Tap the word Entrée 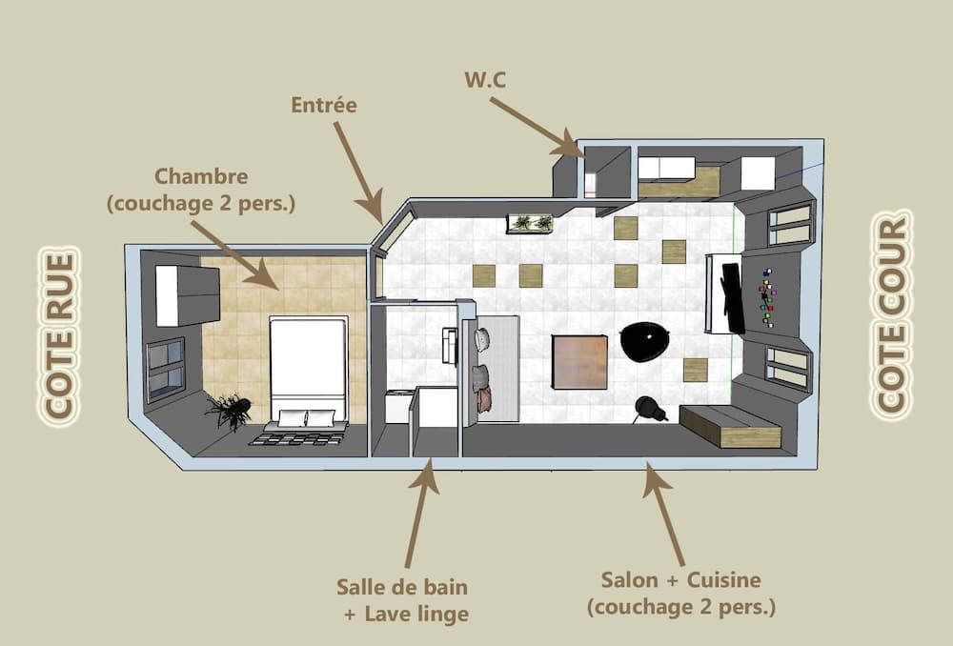(x=324, y=105)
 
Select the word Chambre (x=201, y=176)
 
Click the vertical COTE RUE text (x=60, y=334)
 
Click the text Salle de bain (x=402, y=586)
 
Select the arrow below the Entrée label (x=358, y=172)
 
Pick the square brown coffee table (x=579, y=362)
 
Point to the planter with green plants (x=531, y=223)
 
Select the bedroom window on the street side (x=165, y=369)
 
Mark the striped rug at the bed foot (x=296, y=438)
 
